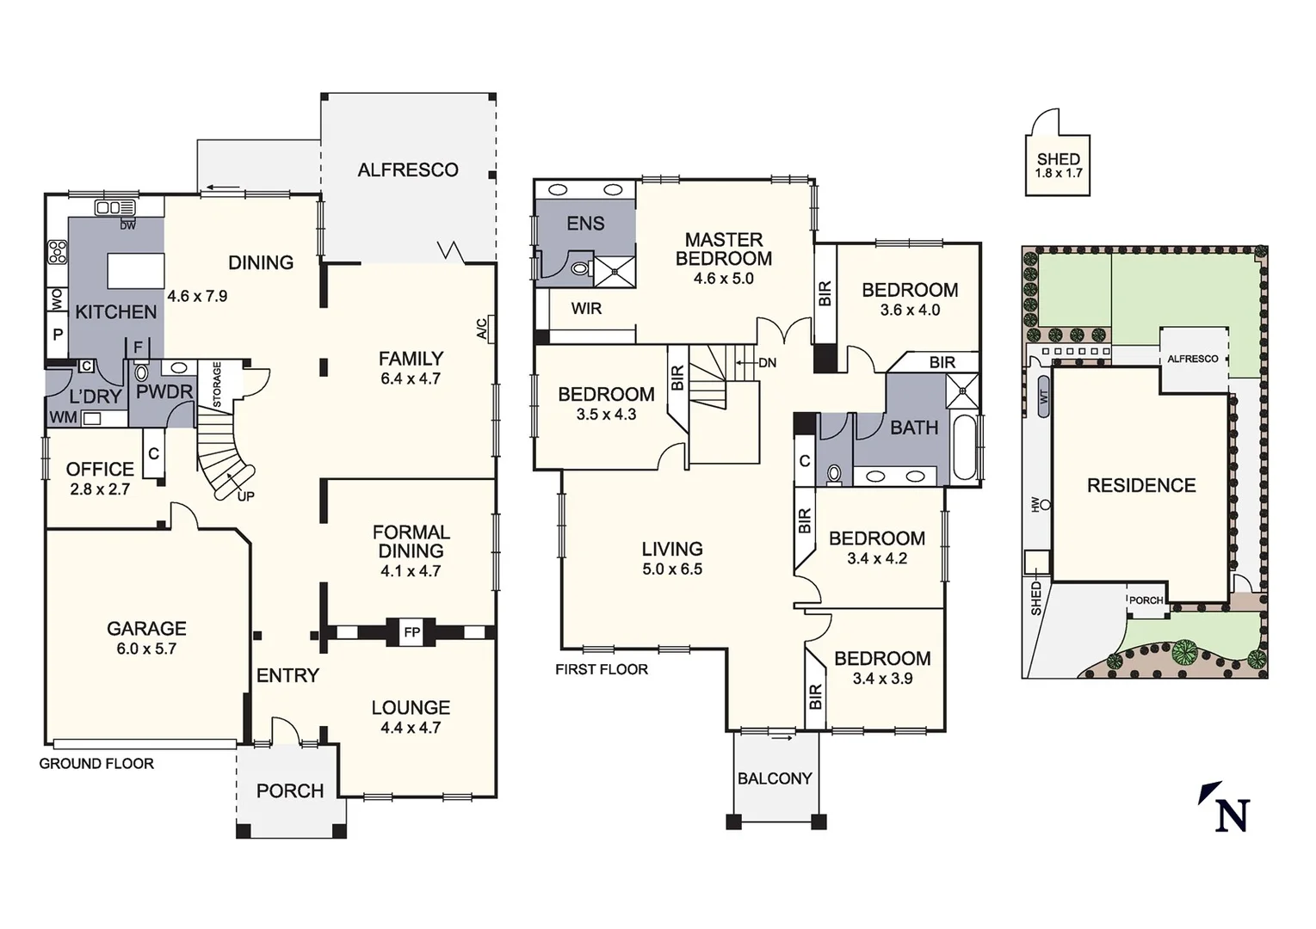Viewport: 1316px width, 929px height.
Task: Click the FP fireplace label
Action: [x=411, y=633]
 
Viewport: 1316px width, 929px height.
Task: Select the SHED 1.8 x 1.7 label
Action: [x=1058, y=165]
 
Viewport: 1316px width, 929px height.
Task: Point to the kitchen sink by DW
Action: [x=114, y=208]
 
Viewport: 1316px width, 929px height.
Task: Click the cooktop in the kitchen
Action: [x=58, y=251]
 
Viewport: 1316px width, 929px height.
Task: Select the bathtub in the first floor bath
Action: [x=965, y=447]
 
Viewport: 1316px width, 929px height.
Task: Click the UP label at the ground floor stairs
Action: [x=245, y=496]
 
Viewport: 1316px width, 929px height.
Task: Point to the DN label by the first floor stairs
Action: [x=767, y=363]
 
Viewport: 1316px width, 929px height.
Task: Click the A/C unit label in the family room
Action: [x=483, y=329]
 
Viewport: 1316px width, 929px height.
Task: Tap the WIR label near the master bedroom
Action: [x=586, y=309]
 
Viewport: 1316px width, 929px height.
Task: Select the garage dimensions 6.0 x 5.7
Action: [x=146, y=649]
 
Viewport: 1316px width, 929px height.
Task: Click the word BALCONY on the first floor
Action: [x=775, y=778]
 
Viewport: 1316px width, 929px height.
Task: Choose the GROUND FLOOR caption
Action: [x=96, y=764]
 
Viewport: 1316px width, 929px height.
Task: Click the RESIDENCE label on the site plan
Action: [x=1141, y=486]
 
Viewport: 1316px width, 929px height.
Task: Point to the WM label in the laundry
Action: [x=63, y=418]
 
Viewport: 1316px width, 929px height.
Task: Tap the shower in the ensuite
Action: [x=615, y=271]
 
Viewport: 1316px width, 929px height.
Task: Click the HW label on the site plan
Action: [x=1036, y=505]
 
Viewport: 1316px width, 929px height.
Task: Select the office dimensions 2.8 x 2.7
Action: [x=100, y=489]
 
